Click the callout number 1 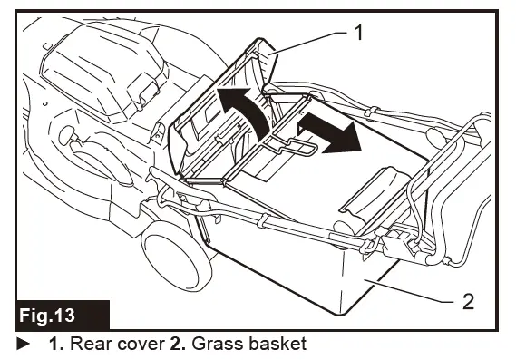click(x=359, y=34)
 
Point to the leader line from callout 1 click(x=313, y=40)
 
